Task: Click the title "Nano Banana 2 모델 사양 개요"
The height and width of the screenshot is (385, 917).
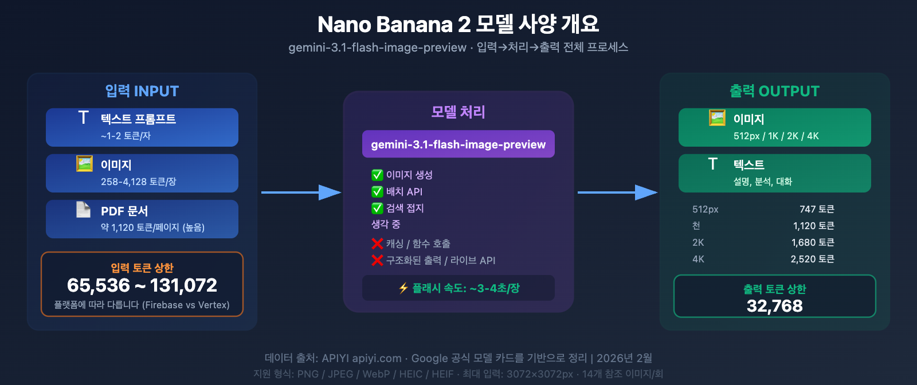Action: [458, 24]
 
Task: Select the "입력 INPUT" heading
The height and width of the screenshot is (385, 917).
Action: [142, 91]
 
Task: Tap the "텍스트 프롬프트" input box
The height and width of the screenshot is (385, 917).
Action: [142, 127]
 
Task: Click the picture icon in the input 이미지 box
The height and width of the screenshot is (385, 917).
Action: [84, 164]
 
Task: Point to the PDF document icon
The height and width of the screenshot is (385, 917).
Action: [84, 210]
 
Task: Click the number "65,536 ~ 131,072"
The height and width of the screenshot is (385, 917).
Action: [142, 285]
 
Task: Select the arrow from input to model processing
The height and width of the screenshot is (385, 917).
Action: [301, 192]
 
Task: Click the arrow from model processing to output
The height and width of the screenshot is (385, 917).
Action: [617, 192]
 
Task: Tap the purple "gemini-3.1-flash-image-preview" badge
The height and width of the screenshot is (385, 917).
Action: [458, 144]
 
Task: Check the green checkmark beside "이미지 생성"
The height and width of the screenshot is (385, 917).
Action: [377, 175]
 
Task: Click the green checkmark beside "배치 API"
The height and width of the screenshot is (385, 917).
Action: [377, 191]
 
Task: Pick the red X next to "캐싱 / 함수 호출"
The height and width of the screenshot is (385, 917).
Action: [377, 243]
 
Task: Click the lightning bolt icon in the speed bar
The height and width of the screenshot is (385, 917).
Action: [403, 288]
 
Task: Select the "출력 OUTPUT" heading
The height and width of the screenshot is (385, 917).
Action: [774, 91]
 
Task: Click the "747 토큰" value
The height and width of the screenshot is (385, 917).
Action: [817, 209]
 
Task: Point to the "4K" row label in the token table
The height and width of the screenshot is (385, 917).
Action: [698, 259]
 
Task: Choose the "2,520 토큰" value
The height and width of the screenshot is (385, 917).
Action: [812, 259]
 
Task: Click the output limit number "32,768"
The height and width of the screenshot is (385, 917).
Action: [775, 306]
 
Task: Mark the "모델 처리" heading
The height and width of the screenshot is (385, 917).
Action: [458, 112]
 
